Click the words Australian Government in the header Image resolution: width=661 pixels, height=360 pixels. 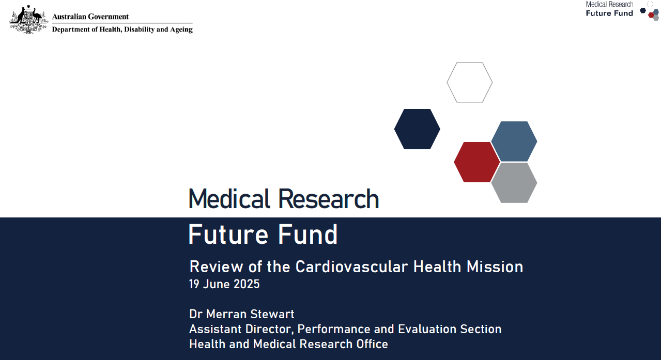coord(90,17)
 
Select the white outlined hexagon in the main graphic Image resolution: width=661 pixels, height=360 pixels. coord(469,83)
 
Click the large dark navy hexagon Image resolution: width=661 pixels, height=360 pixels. coord(417,129)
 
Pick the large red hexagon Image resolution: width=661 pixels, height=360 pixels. coord(476,162)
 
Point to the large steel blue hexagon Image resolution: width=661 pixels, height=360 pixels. coord(514,141)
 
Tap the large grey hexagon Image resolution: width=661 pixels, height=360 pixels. coord(514,183)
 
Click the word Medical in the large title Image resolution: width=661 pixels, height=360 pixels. coord(229,199)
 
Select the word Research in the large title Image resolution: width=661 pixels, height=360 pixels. coord(328,199)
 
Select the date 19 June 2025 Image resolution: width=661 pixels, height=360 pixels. coord(224,284)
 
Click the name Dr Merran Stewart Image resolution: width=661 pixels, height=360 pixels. coord(242,314)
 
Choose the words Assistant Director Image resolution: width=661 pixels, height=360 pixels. coord(240,329)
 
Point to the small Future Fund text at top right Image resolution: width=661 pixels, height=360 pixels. coord(609,13)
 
